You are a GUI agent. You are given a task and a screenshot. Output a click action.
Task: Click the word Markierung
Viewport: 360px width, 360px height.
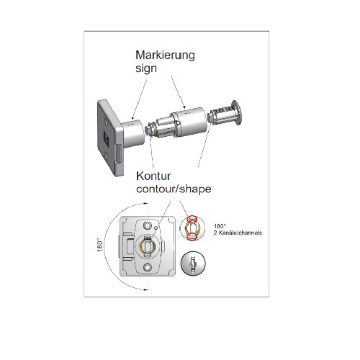(x=165, y=55)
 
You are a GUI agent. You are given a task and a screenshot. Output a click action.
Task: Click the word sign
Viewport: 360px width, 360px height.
(x=146, y=68)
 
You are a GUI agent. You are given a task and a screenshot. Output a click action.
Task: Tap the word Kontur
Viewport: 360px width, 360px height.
(x=153, y=176)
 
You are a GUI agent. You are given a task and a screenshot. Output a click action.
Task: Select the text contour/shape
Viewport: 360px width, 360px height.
(x=174, y=189)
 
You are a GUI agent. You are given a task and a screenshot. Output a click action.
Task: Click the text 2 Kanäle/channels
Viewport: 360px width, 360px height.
(x=238, y=233)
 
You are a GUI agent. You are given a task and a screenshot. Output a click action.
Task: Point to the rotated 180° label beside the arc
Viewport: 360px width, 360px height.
(x=100, y=245)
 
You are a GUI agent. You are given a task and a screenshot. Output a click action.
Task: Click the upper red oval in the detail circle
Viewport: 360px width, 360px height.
(x=192, y=219)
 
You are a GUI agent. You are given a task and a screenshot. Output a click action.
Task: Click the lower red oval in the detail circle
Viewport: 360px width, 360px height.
(x=192, y=236)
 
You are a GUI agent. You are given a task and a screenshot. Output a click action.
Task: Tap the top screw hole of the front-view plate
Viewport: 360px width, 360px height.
(x=148, y=225)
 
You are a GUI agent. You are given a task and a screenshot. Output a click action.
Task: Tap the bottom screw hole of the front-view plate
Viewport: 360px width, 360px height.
(x=148, y=267)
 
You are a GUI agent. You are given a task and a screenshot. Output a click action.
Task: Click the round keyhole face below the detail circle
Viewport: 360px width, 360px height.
(x=193, y=264)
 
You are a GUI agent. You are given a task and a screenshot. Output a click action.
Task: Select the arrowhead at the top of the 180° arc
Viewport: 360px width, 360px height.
(x=145, y=203)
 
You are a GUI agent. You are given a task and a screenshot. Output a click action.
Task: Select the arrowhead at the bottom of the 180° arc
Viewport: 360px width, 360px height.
(x=145, y=289)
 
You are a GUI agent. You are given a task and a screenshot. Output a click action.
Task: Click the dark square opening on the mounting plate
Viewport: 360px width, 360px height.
(x=106, y=138)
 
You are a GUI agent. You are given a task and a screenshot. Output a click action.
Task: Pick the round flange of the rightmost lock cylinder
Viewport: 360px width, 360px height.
(x=236, y=112)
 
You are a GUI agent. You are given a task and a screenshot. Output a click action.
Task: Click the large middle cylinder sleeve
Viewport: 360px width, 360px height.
(x=191, y=122)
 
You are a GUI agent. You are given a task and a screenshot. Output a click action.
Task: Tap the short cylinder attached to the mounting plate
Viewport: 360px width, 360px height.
(x=132, y=134)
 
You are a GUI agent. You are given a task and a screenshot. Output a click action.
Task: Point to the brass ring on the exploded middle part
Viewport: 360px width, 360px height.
(x=156, y=132)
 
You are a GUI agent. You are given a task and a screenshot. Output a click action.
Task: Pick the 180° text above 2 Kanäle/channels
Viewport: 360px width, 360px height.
(x=220, y=226)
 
